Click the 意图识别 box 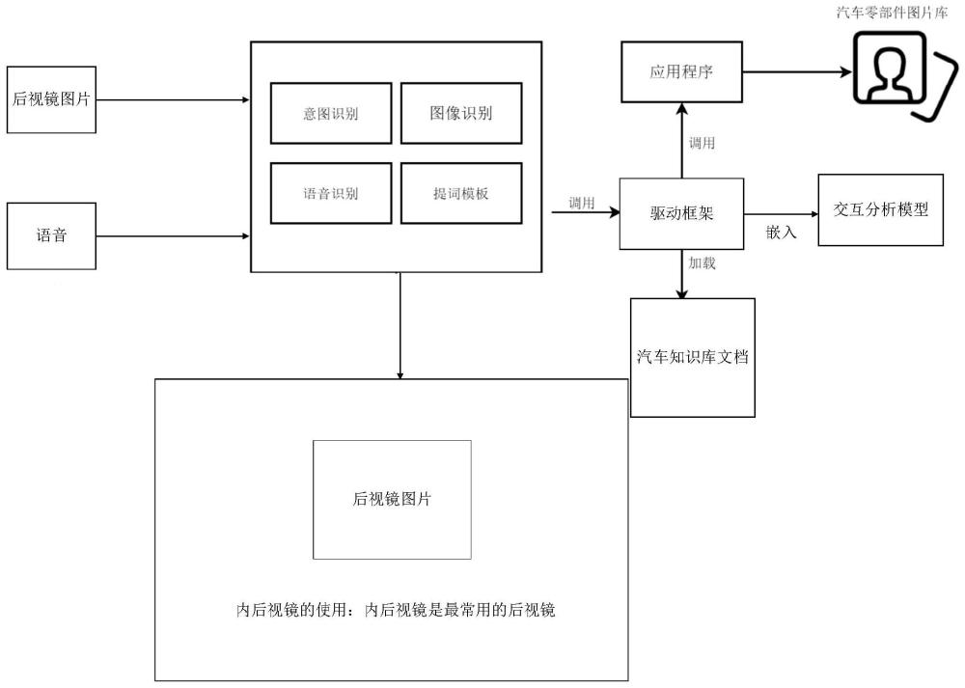point(331,113)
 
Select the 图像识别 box point(461,113)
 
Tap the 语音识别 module point(331,193)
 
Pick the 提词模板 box point(461,193)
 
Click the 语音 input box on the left point(52,236)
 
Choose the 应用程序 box point(682,72)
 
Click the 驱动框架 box point(682,213)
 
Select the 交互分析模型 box point(881,209)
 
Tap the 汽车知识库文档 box point(693,358)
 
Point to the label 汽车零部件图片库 point(893,13)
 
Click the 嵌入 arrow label point(781,232)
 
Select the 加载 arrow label point(702,262)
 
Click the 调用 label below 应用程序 point(702,143)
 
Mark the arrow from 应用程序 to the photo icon point(797,72)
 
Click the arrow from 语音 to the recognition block point(173,236)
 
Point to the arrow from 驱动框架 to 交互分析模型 point(782,214)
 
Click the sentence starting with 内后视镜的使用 point(396,610)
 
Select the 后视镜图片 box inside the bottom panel point(392,500)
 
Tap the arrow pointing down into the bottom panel point(400,325)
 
